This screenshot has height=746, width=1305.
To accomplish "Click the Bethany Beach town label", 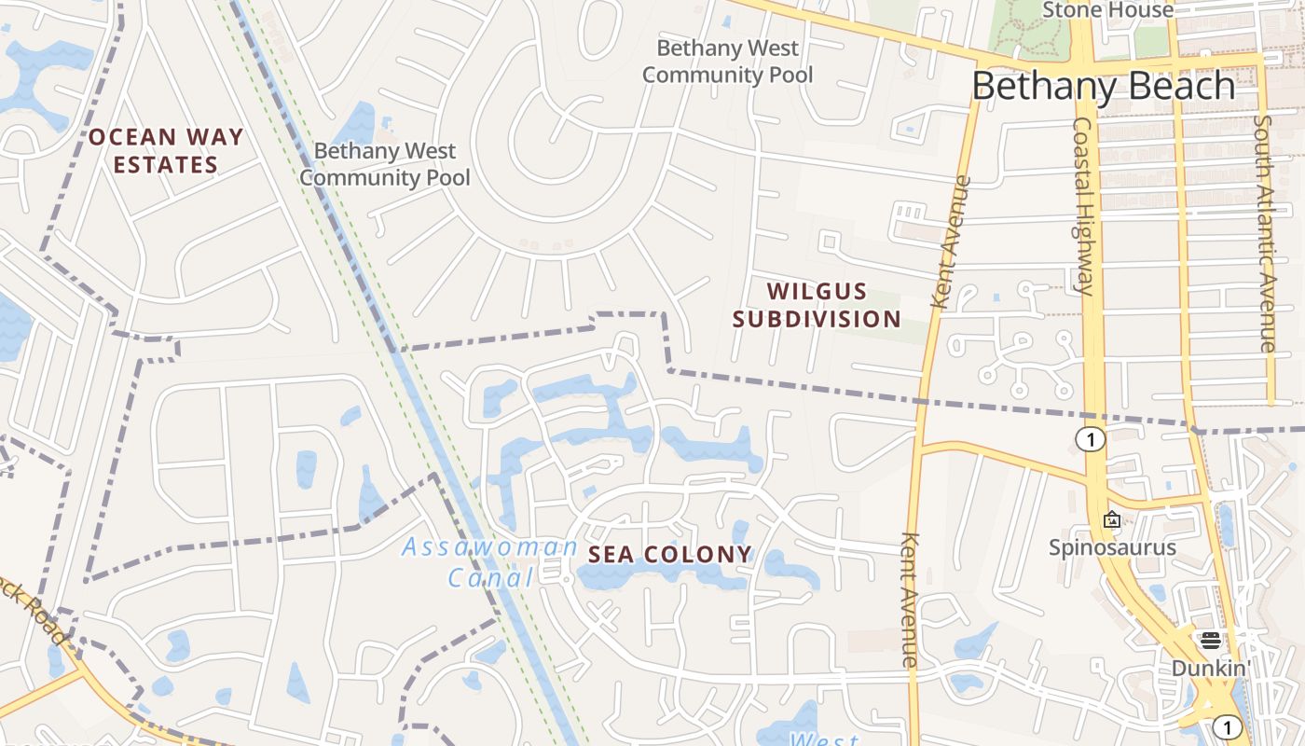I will point(1103,86).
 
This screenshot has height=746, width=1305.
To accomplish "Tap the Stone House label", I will point(1107,10).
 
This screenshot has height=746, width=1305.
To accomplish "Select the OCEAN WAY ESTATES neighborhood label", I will point(166,151).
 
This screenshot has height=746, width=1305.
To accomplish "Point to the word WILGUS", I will point(817,292).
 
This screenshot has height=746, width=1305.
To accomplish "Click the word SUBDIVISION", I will point(817,319).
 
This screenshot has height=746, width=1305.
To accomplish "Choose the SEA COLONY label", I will point(669,554).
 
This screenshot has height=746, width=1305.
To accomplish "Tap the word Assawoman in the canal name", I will point(489,547).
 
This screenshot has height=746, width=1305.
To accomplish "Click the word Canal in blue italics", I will point(490,578).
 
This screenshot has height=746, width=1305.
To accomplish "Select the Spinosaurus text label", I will point(1112,547).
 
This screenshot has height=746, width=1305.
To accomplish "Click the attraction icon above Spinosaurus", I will point(1111,519).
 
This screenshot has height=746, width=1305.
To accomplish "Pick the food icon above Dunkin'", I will point(1211,640).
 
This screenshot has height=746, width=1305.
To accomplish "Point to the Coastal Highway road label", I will point(1083,205).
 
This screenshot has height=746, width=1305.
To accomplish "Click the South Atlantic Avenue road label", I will point(1264,233).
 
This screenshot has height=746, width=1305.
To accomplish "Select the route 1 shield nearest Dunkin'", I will point(1228,727).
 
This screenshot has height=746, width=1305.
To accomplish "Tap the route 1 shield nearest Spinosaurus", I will point(1090,439).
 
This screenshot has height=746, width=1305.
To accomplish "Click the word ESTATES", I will point(166,165).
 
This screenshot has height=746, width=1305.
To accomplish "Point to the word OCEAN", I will point(130,137).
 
